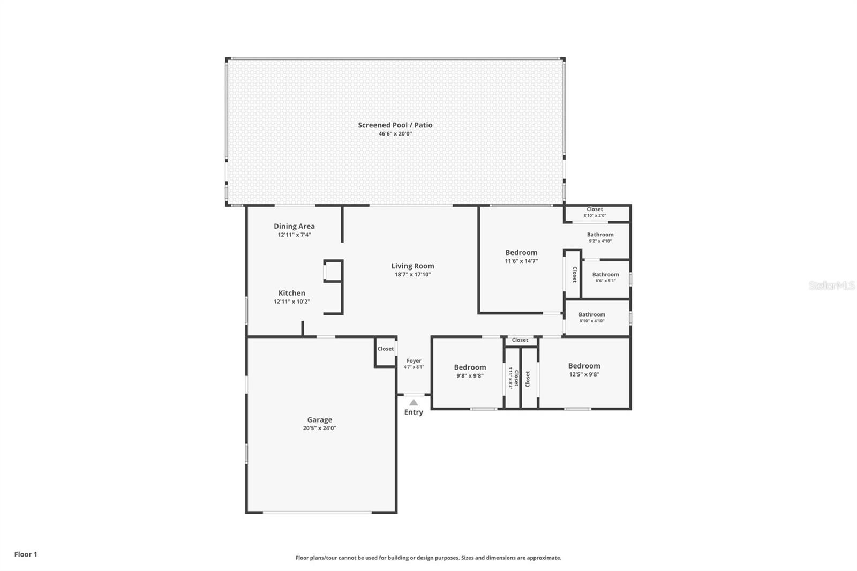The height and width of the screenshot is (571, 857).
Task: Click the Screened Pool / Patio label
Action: click(395, 125)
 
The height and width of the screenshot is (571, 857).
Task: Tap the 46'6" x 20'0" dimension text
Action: click(395, 134)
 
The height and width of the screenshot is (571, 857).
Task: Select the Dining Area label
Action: click(294, 226)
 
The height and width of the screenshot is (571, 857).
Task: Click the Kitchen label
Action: click(291, 293)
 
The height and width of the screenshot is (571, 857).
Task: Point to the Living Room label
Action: click(412, 266)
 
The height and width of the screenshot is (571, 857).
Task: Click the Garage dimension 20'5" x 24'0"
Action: click(319, 428)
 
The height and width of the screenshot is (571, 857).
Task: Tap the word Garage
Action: click(319, 420)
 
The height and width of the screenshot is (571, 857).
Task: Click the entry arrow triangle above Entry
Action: click(414, 402)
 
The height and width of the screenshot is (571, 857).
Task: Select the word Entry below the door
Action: click(414, 412)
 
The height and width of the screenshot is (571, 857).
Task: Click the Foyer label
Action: click(414, 361)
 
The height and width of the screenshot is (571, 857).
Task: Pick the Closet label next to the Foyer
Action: click(386, 349)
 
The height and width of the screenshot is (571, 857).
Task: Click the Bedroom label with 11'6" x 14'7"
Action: click(521, 252)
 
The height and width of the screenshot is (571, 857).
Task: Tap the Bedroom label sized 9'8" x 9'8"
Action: click(470, 367)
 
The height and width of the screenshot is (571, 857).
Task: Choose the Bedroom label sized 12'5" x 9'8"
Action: click(584, 366)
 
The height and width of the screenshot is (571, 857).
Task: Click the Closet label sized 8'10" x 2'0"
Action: click(595, 209)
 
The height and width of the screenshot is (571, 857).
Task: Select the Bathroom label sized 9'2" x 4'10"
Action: click(600, 235)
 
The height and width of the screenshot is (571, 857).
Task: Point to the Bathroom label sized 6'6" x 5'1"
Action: click(605, 275)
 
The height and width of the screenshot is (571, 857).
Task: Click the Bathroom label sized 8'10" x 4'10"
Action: click(592, 315)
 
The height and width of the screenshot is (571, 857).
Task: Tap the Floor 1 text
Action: click(26, 554)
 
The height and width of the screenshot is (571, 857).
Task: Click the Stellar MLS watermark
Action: click(831, 285)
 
